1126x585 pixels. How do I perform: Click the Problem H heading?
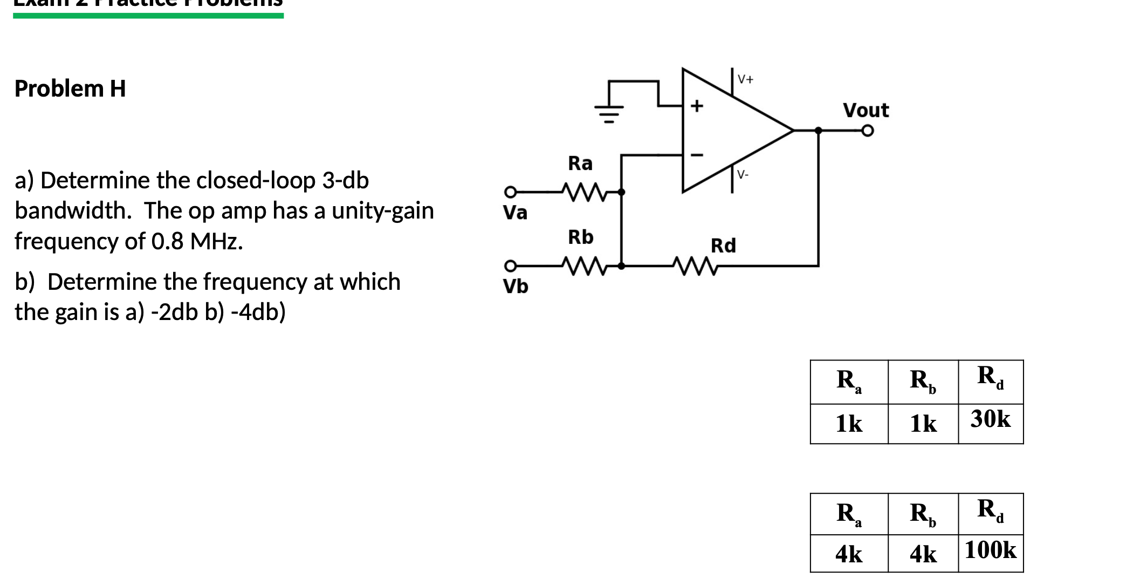click(x=70, y=89)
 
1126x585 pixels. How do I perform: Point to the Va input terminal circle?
click(x=131, y=192)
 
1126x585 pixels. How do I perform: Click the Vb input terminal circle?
click(x=131, y=266)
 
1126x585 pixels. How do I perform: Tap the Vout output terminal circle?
click(x=867, y=131)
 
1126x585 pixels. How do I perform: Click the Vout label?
click(x=866, y=110)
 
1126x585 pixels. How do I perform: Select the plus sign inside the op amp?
click(x=697, y=105)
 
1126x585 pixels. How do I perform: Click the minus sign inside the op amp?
click(x=697, y=155)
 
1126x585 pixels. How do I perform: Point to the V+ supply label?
click(x=746, y=79)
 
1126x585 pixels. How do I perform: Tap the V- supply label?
click(x=743, y=174)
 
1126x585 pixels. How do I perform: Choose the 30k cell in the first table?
click(x=990, y=419)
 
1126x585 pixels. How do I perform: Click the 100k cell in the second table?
click(x=990, y=550)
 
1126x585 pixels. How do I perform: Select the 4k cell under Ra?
click(x=848, y=554)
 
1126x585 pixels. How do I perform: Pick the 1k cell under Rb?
click(x=923, y=424)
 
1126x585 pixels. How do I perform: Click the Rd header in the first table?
click(x=990, y=377)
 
